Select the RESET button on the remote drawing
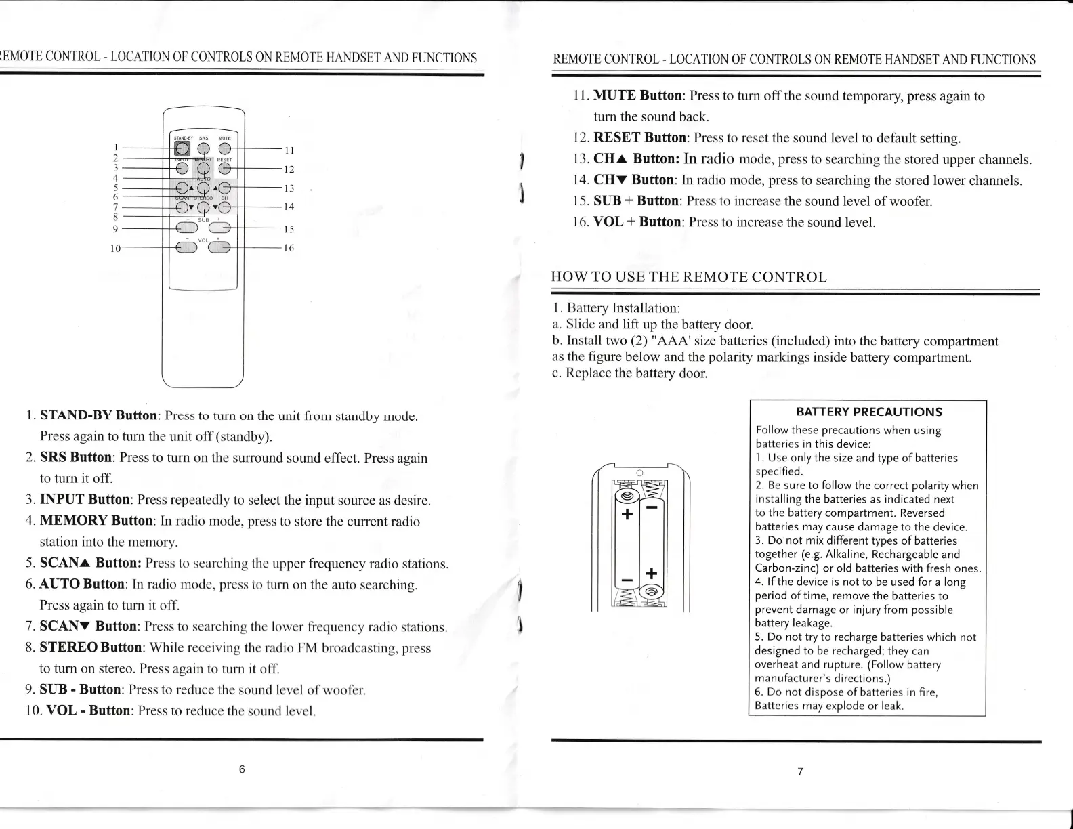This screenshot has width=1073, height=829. click(225, 169)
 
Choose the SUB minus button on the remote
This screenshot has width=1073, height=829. click(186, 228)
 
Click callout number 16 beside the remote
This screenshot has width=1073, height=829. click(289, 248)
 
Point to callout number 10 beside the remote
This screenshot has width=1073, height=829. click(115, 249)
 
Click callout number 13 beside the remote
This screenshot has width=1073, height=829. click(289, 188)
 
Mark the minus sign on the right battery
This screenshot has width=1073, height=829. click(652, 507)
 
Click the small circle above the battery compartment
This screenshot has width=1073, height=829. click(639, 472)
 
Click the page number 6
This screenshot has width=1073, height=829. click(242, 769)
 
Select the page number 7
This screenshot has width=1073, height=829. click(800, 771)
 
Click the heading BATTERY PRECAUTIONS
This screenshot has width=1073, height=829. click(869, 412)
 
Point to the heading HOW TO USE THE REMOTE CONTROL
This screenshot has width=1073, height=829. click(690, 277)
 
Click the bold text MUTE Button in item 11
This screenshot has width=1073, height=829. click(639, 95)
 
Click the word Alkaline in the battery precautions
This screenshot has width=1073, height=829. click(841, 555)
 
